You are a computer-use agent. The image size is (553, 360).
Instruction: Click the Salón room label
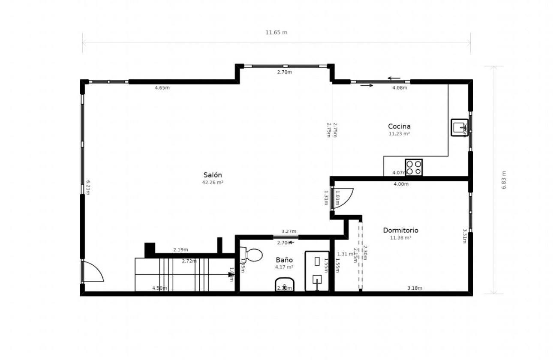tap(213, 175)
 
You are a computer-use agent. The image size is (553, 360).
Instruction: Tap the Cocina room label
tap(399, 126)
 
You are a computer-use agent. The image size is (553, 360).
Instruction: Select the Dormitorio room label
tap(400, 230)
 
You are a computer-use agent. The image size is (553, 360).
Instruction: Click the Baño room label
tap(284, 260)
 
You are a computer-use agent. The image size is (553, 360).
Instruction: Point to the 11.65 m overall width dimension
tap(276, 33)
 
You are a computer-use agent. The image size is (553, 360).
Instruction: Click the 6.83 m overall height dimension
tap(503, 180)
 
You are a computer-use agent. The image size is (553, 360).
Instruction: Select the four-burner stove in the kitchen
tap(414, 167)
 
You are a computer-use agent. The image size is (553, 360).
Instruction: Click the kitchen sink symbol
tap(459, 127)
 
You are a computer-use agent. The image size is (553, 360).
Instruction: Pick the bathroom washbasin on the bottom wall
tap(285, 284)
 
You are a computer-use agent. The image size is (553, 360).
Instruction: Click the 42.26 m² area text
tap(213, 182)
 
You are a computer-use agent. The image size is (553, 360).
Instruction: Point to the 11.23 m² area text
tap(399, 134)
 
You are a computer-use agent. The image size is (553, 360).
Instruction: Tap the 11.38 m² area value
tap(400, 237)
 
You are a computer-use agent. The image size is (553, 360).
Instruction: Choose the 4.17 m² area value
tap(284, 267)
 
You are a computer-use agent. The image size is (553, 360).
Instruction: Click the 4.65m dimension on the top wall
tap(162, 88)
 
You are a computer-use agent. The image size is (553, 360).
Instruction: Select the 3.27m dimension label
tap(289, 231)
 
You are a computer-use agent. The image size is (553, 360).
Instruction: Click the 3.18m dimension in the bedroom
tap(415, 288)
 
